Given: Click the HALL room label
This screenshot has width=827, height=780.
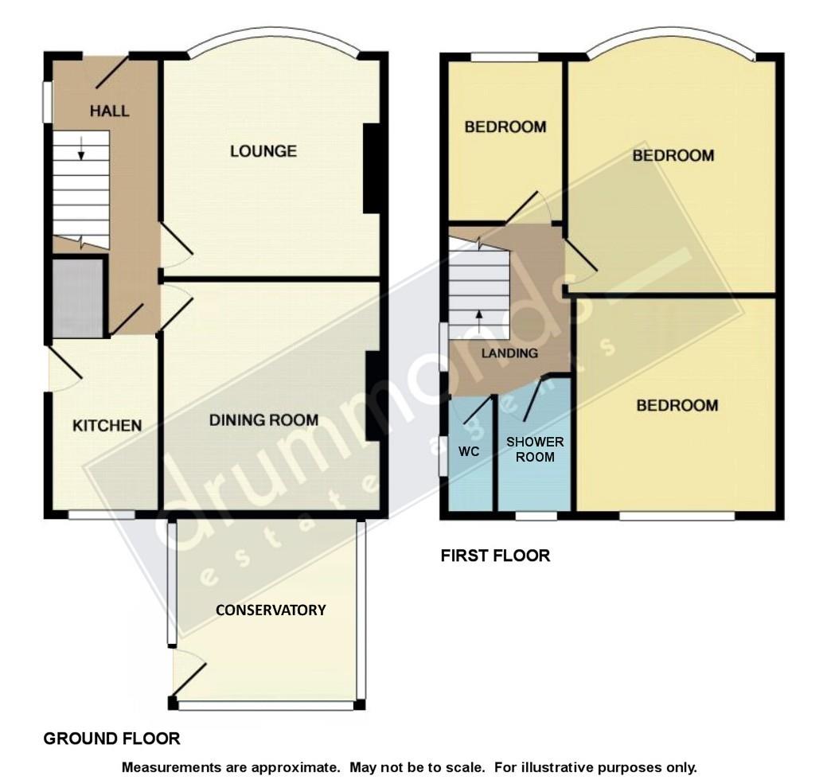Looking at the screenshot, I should pos(110,111).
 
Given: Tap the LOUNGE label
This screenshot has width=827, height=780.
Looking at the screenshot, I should pos(263,150).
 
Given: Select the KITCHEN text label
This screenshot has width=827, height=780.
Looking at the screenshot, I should pos(107,425).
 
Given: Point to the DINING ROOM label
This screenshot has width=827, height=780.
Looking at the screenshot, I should pos(263,419).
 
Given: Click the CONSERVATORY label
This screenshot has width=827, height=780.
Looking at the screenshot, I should pos(271,610).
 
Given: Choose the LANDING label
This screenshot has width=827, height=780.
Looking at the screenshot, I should pos(509,353).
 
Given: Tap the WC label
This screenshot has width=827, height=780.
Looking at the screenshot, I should pos(469,450).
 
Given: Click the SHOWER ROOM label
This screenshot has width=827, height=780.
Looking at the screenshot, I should pos(534,449).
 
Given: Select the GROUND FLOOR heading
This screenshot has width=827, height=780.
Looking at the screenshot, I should pos(111,739).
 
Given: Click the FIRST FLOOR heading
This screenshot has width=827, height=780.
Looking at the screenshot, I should pos(495,556).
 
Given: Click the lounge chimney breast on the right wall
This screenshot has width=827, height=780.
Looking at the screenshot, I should pos(371,168).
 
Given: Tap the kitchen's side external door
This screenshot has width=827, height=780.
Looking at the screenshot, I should pos(62,369).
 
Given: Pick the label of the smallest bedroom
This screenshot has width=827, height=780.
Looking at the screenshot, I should pos(505,127).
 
